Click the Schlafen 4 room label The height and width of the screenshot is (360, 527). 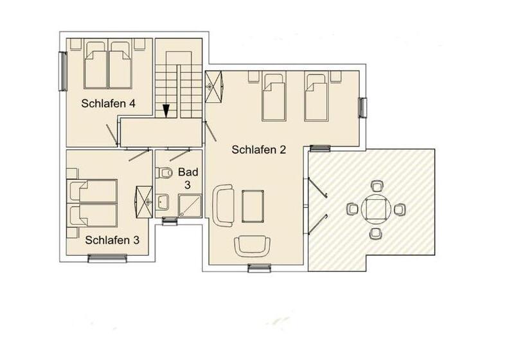[x=108, y=104]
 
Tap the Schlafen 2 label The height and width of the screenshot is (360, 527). [x=258, y=150]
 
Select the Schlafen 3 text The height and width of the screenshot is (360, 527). [x=112, y=240]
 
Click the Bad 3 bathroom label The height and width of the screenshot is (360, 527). [x=188, y=178]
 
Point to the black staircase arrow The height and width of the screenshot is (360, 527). [x=166, y=111]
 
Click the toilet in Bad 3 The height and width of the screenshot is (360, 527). [x=164, y=173]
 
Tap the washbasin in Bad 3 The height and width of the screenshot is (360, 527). [x=163, y=202]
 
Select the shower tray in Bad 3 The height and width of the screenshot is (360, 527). [x=190, y=205]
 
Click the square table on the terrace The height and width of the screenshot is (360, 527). [x=376, y=209]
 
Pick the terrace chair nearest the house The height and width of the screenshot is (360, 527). [x=352, y=209]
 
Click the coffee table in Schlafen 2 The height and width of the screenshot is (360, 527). [x=253, y=206]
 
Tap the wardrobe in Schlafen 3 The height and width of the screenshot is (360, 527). [x=144, y=202]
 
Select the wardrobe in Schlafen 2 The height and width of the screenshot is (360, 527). [x=214, y=86]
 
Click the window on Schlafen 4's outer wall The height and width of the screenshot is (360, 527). [x=63, y=71]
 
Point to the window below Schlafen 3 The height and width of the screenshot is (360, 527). [x=107, y=258]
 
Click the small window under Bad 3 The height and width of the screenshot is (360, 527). [x=170, y=221]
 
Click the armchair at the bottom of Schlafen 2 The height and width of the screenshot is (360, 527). [x=253, y=246]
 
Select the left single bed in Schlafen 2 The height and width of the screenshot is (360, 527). [x=274, y=97]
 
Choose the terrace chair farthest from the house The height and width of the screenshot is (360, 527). [x=400, y=210]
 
